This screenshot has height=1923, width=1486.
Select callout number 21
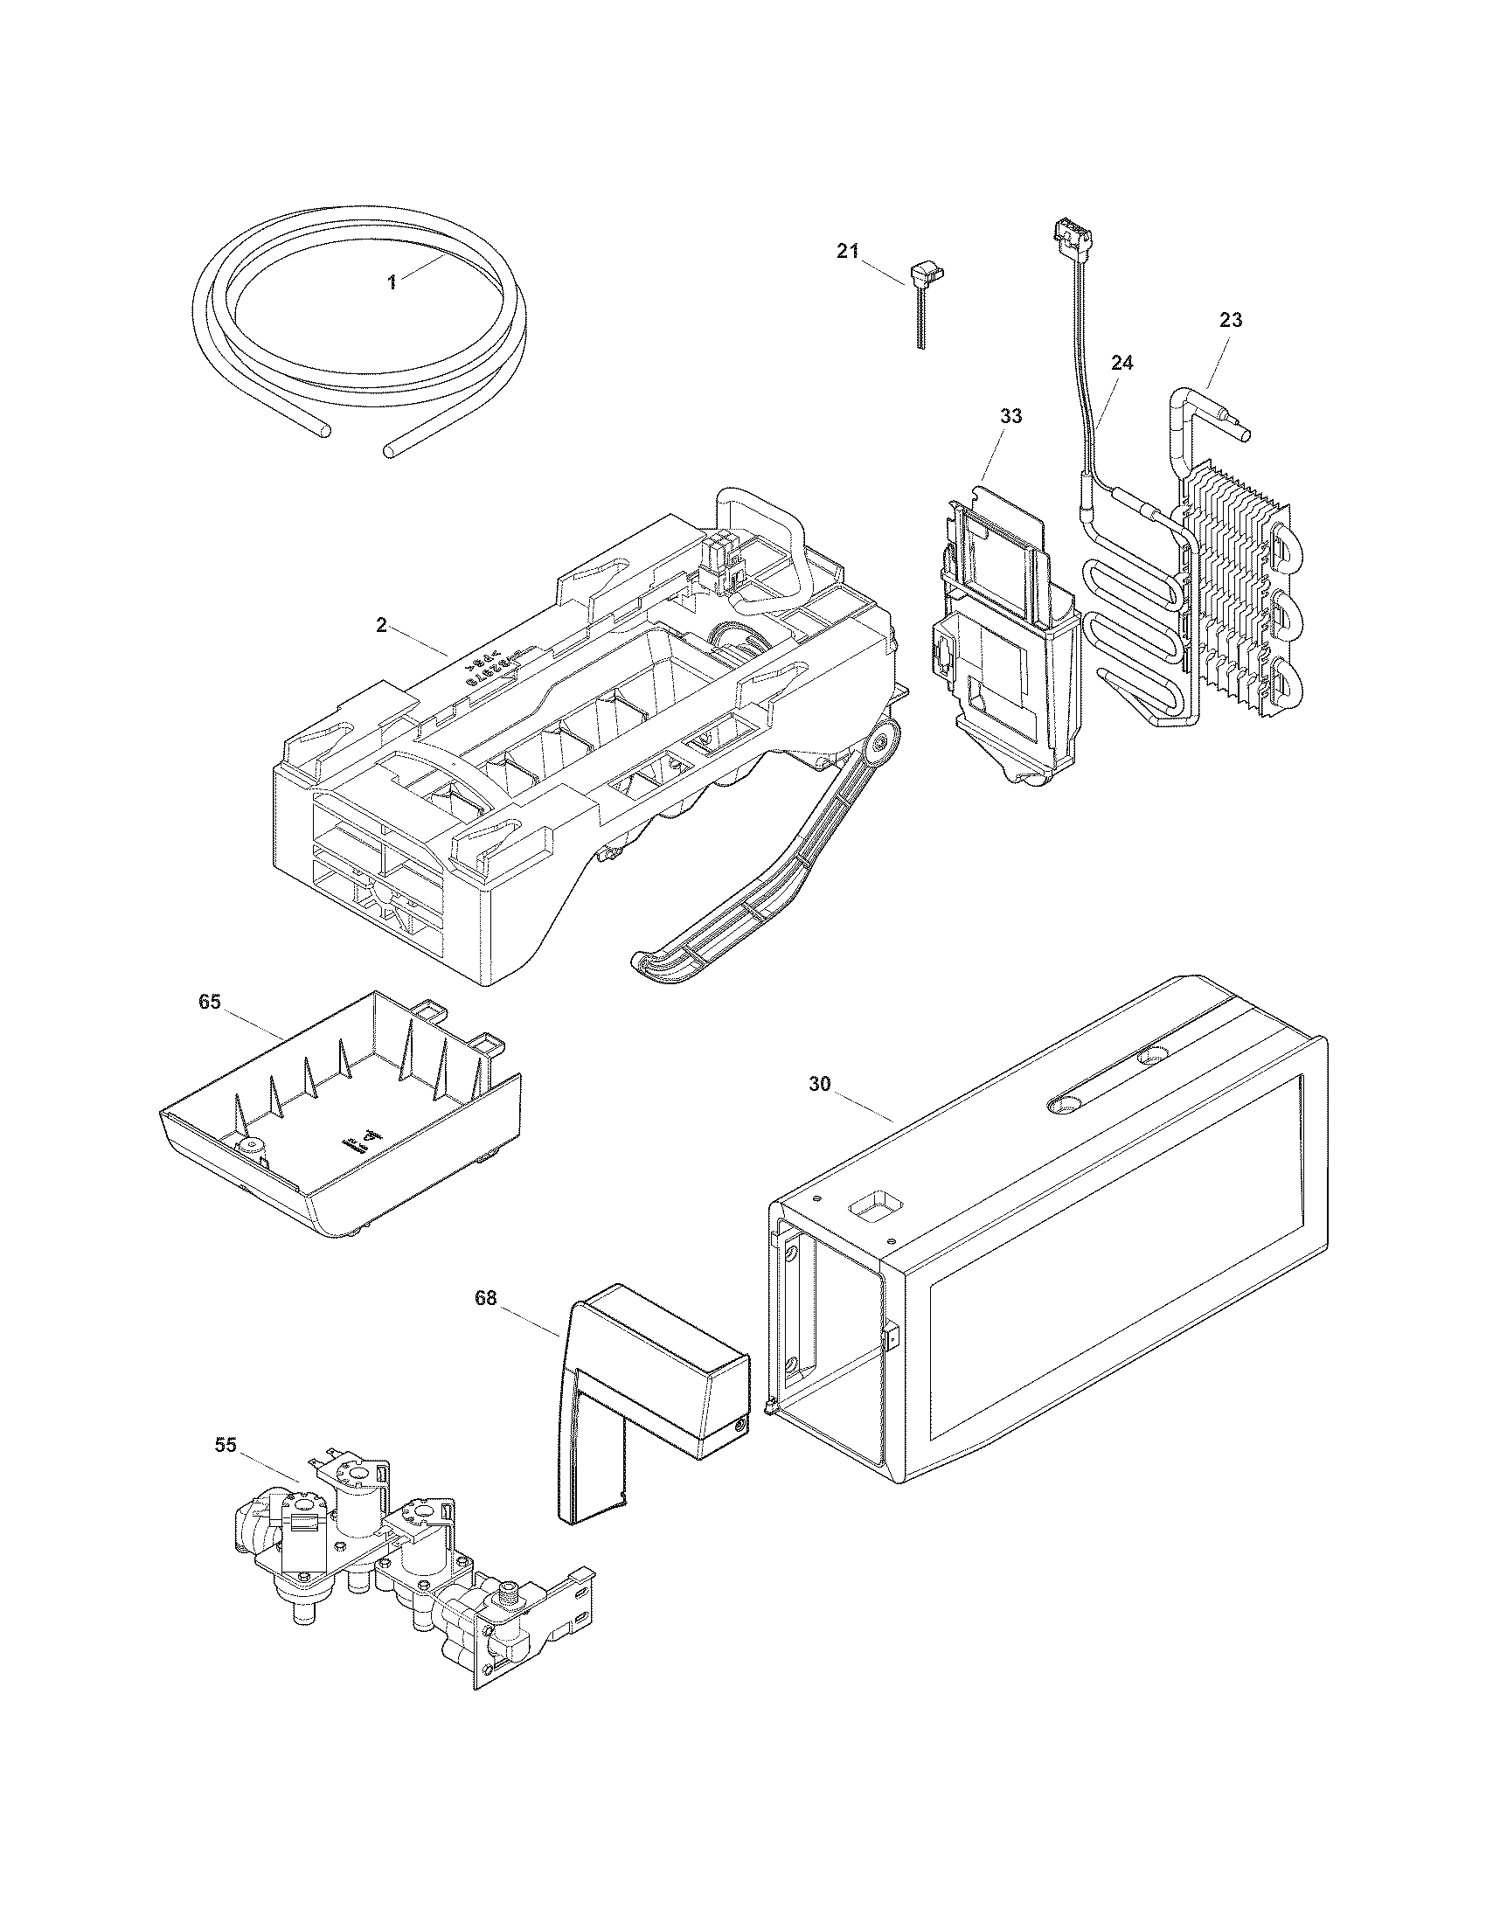[847, 252]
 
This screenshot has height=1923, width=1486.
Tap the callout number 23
[1231, 321]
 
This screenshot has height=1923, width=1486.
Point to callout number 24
[1121, 363]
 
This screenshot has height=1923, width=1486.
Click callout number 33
[1010, 416]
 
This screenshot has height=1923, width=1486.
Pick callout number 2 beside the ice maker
[381, 625]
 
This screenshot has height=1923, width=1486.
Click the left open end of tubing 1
[327, 431]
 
